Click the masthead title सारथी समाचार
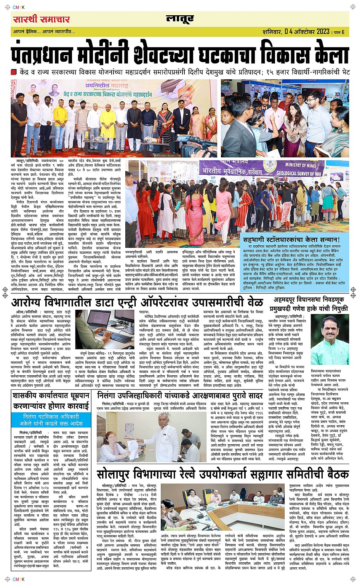coord(41,19)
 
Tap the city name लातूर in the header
coord(180,19)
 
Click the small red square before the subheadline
coord(14,72)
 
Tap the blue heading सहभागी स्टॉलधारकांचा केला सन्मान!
coord(291,240)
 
